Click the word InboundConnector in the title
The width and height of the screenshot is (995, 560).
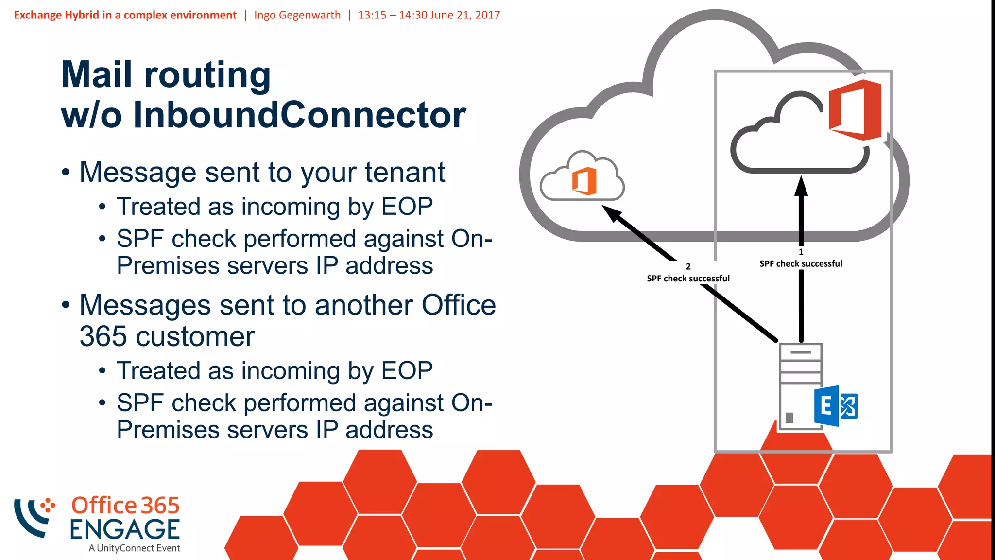pos(299,115)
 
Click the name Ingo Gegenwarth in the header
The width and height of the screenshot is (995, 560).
pos(297,15)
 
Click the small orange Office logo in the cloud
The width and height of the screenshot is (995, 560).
pos(584,181)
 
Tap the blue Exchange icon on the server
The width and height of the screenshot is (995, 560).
pos(836,406)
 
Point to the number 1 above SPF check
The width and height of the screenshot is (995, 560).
pos(801,252)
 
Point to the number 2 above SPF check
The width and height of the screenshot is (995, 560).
pos(688,266)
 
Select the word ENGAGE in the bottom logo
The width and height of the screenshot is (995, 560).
pos(125,529)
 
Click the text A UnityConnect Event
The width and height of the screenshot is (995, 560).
pos(134,548)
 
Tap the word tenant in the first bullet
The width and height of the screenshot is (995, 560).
pos(405,172)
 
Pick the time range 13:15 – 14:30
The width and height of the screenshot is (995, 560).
pos(393,15)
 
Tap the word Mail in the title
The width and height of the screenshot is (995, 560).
pos(97,75)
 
